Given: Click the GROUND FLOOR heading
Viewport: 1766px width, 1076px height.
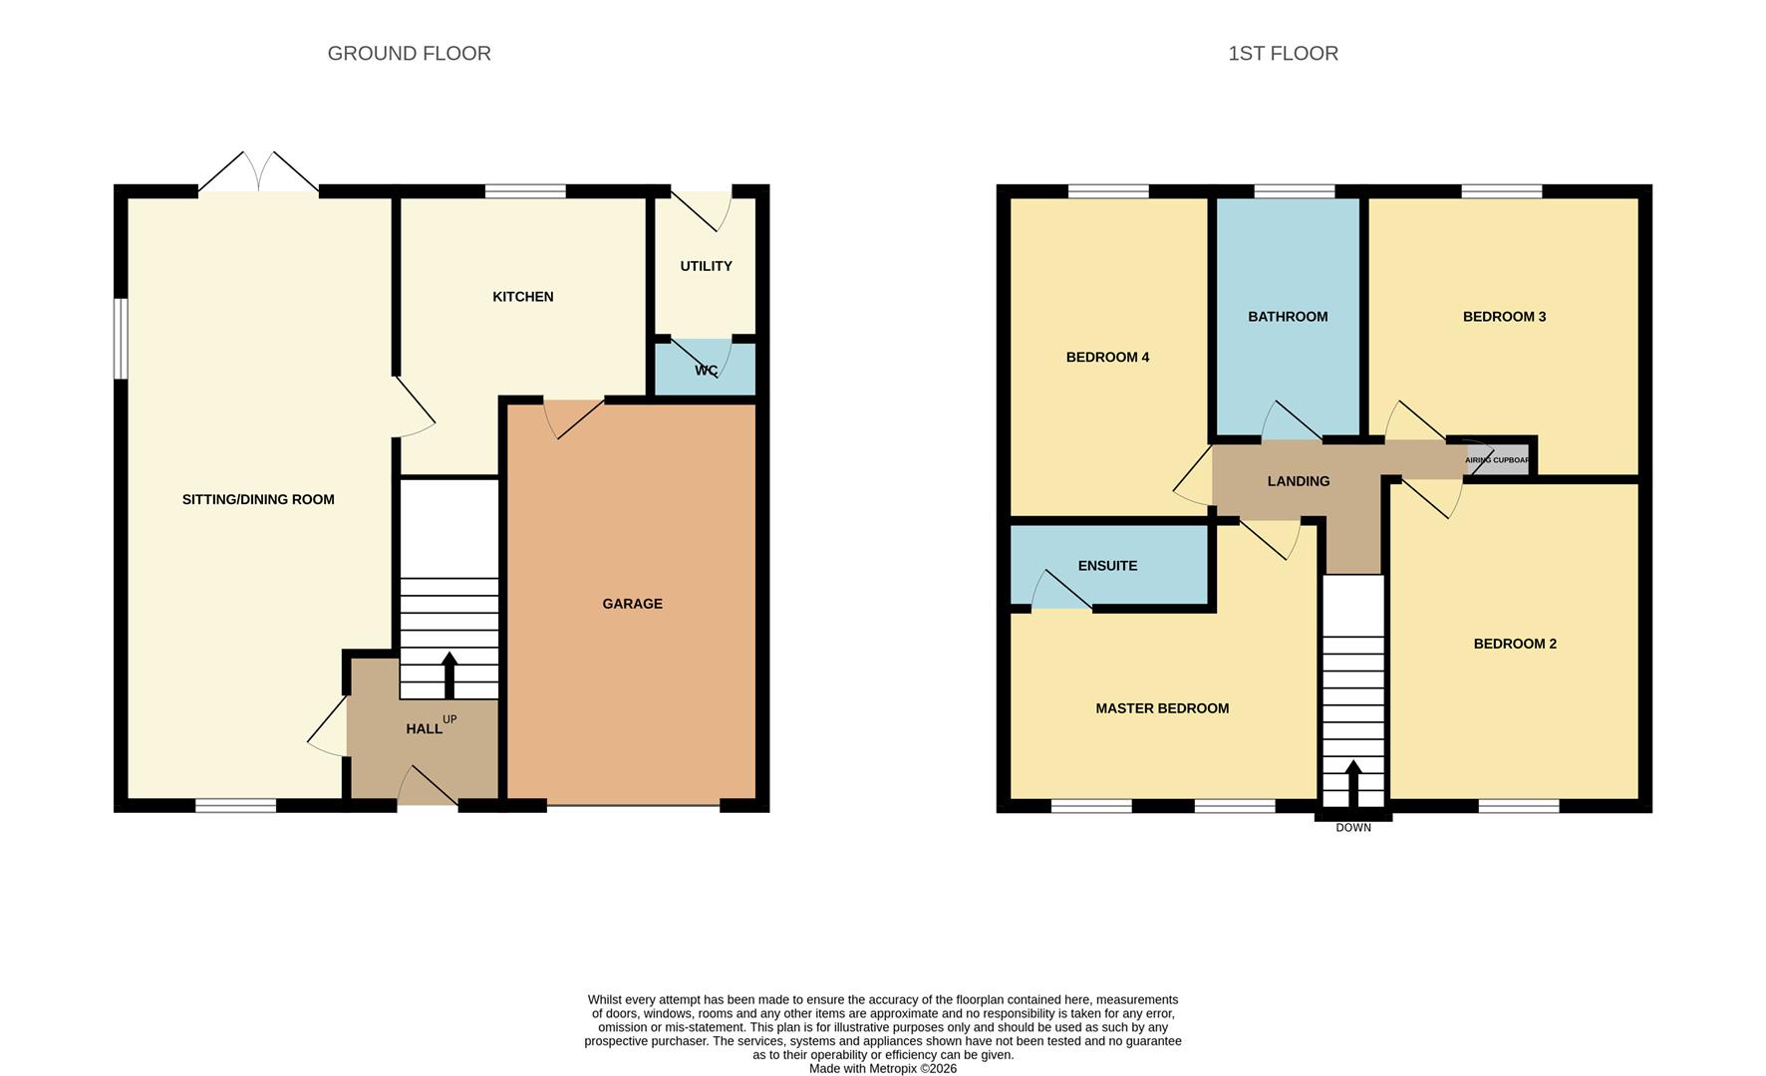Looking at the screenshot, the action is click(409, 54).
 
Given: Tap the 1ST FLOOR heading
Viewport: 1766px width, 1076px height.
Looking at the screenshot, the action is click(1283, 54).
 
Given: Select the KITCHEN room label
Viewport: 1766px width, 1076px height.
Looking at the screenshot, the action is click(523, 297).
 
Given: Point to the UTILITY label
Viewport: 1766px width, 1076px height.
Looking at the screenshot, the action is click(706, 266).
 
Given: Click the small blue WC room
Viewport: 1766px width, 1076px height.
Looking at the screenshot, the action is click(706, 371).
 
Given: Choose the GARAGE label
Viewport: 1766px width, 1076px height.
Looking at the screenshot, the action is click(632, 604).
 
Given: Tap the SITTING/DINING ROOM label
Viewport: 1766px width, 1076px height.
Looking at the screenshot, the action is click(258, 500).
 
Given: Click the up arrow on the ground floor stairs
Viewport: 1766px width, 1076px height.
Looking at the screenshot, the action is click(449, 674).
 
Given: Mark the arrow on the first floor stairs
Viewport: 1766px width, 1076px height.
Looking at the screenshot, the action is click(1353, 784).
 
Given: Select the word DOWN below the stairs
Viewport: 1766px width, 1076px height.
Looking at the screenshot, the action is click(1353, 828).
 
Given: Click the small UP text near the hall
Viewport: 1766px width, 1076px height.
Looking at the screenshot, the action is click(449, 719).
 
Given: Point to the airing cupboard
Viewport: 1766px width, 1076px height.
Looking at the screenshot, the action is click(1498, 459).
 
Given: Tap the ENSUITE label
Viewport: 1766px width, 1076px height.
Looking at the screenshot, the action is click(1107, 566).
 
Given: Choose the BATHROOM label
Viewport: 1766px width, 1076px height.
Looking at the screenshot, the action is click(1288, 317).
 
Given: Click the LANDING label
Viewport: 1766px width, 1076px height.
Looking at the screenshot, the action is click(1299, 481).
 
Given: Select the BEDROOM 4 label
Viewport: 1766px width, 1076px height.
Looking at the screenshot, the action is click(1107, 358).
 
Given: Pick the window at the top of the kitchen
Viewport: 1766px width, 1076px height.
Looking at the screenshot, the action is click(525, 191).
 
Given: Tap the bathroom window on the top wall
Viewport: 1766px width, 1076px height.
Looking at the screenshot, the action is click(1294, 191).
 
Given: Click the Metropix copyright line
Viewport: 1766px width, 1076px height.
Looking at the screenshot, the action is click(883, 1069).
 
